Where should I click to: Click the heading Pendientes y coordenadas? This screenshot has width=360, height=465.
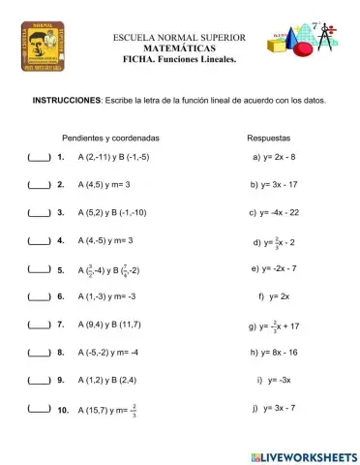(110, 138)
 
